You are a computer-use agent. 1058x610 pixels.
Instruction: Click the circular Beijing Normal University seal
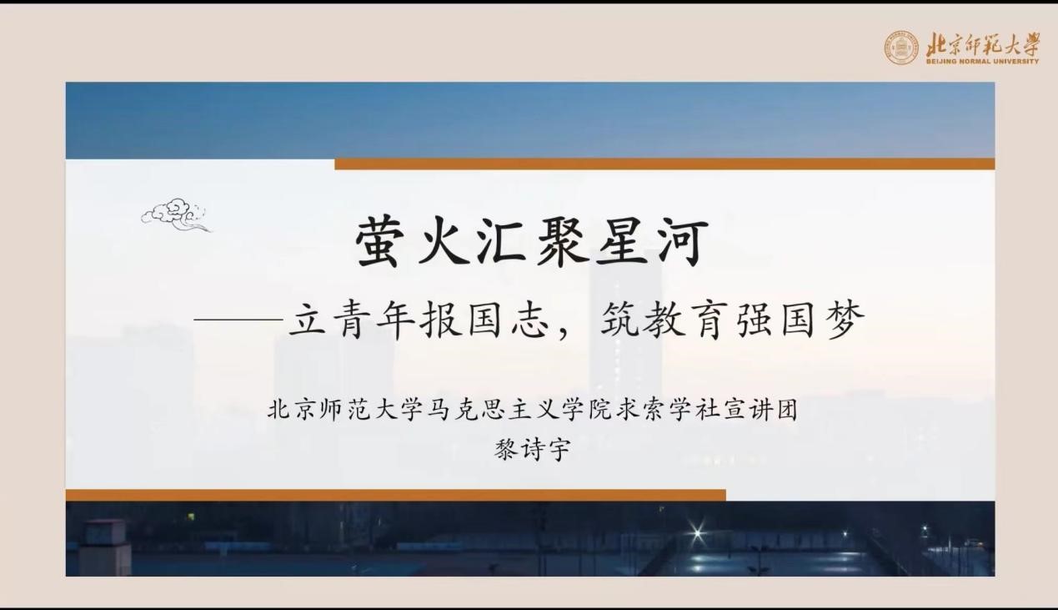[901, 48]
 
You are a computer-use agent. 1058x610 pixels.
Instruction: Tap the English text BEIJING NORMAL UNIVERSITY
[982, 61]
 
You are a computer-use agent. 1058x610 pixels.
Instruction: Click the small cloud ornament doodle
[176, 214]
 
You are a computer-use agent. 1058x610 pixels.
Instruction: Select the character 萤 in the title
[384, 243]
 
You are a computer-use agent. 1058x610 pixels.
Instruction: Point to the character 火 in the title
[449, 243]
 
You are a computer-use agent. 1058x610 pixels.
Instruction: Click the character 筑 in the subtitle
[622, 321]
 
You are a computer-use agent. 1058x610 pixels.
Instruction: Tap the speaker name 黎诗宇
[532, 451]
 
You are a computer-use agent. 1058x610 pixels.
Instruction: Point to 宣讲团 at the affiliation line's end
[762, 411]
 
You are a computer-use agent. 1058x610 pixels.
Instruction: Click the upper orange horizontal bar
[664, 164]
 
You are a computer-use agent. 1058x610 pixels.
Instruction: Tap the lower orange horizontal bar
[395, 495]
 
